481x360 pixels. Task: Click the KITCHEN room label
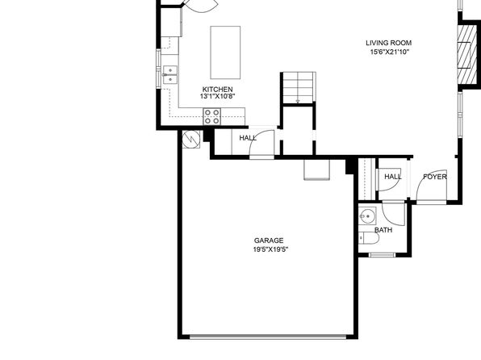click(x=217, y=90)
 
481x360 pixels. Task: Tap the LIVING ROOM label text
click(x=389, y=43)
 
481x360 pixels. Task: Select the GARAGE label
click(x=269, y=241)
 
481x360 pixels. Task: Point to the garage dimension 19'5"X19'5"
click(x=270, y=249)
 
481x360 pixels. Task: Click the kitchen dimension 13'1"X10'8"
click(x=217, y=96)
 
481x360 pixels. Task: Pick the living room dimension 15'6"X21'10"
click(x=390, y=52)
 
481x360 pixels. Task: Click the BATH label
click(x=383, y=230)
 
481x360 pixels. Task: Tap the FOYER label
click(x=435, y=177)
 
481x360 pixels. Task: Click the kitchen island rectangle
click(x=225, y=52)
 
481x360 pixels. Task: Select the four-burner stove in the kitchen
click(x=212, y=116)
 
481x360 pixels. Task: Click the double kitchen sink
click(x=170, y=74)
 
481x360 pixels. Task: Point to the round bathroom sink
click(x=367, y=216)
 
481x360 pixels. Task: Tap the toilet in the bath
click(x=369, y=238)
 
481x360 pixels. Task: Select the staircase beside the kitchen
click(x=299, y=88)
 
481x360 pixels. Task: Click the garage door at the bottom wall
click(x=268, y=337)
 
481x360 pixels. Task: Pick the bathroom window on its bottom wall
click(x=382, y=255)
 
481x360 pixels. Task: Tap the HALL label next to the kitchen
click(x=248, y=138)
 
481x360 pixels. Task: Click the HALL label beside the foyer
click(x=393, y=177)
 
